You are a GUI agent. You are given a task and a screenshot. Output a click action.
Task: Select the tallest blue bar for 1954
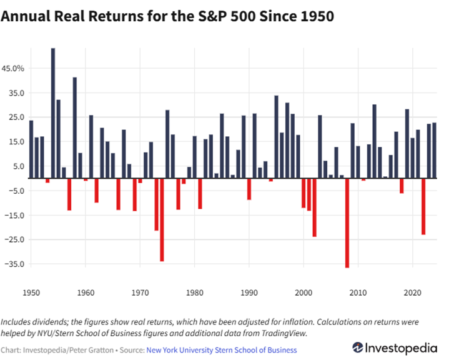pos(53,112)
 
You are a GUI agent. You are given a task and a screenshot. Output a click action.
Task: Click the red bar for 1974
pos(162,219)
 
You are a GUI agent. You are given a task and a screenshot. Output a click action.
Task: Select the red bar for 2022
pos(423,206)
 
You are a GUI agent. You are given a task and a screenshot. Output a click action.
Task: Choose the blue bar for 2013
pos(374,141)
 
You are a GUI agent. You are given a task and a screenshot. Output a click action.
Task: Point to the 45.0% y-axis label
pos(15,68)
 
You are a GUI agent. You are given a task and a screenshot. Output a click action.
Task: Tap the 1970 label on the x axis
pos(140,292)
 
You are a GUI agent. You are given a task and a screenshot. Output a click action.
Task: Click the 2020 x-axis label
pos(412,292)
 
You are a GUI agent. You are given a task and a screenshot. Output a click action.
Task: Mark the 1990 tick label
pos(249,292)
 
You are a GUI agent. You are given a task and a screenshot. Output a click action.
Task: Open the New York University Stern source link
pos(222,351)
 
